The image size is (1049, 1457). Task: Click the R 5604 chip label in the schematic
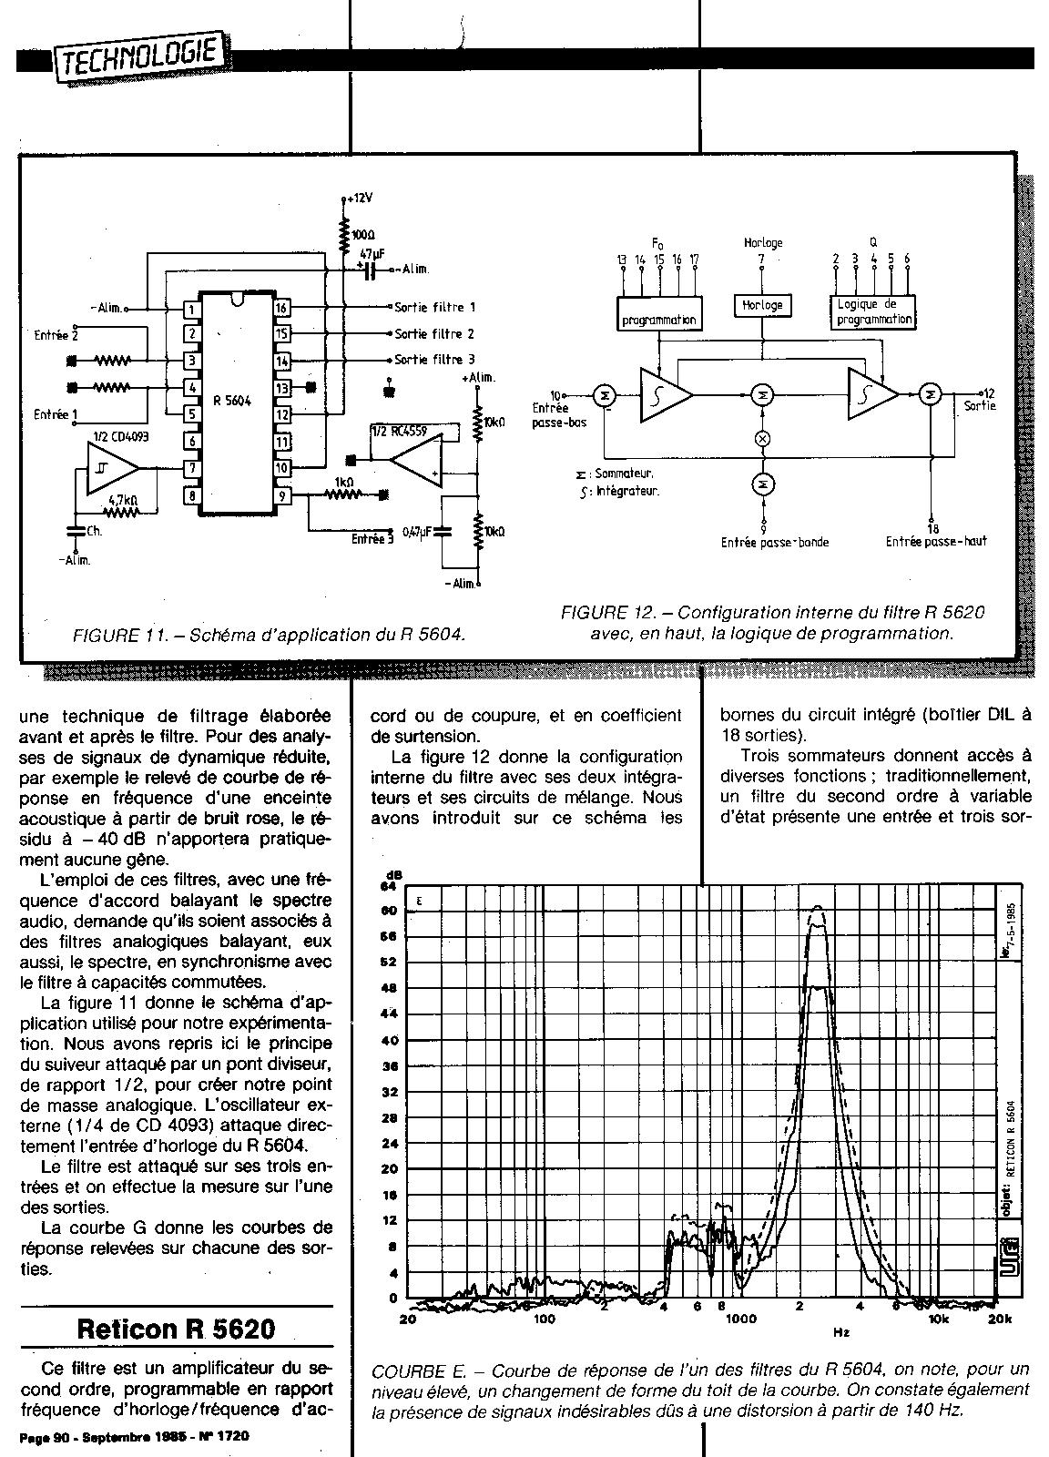231,400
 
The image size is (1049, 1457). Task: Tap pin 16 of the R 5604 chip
282,309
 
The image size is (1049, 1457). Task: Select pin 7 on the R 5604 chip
191,468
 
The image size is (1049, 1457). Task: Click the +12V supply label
360,198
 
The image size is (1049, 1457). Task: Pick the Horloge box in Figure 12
762,305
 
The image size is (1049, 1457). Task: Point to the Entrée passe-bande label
775,542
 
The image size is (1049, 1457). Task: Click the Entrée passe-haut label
936,541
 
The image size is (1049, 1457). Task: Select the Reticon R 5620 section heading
176,1329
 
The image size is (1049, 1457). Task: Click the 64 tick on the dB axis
389,885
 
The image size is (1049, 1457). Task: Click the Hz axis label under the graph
840,1332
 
